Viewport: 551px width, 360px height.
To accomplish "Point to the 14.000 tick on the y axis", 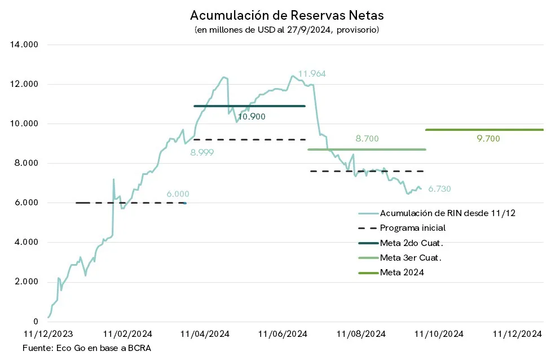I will pyautogui.click(x=24, y=45).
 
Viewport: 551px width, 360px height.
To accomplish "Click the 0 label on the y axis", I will pyautogui.click(x=35, y=321).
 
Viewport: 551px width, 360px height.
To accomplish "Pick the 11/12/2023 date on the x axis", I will pyautogui.click(x=47, y=334).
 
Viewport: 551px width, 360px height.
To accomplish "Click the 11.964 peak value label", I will pyautogui.click(x=312, y=74).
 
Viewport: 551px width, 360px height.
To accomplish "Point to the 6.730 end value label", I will pyautogui.click(x=439, y=189).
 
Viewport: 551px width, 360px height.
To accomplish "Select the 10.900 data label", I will pyautogui.click(x=252, y=117).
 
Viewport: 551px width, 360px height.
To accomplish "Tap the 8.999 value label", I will pyautogui.click(x=202, y=152).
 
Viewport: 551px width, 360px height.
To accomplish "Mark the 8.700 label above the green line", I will pyautogui.click(x=367, y=138).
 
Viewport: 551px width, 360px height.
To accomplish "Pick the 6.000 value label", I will pyautogui.click(x=178, y=194).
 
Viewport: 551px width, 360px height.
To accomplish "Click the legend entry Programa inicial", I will pyautogui.click(x=412, y=228).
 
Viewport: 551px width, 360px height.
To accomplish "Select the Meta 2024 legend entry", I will pyautogui.click(x=402, y=273).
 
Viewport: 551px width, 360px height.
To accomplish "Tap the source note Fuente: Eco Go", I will pyautogui.click(x=87, y=348).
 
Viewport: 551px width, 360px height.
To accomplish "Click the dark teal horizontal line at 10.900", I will pyautogui.click(x=249, y=106).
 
